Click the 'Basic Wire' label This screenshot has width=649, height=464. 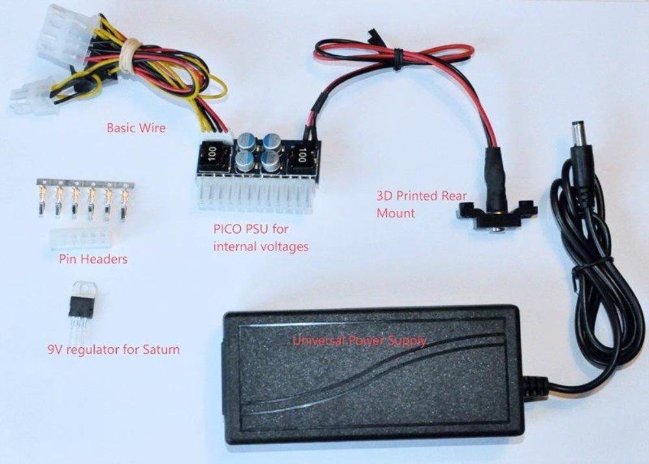[x=136, y=127]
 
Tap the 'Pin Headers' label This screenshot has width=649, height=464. [x=93, y=259]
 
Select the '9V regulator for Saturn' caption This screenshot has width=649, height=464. [x=114, y=349]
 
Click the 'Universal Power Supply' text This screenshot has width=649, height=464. [x=360, y=341]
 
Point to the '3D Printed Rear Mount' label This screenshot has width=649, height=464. [x=421, y=204]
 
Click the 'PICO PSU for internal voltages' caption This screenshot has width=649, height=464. [x=261, y=238]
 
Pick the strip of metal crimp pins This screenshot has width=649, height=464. [x=86, y=197]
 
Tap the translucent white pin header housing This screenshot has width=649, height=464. [x=83, y=239]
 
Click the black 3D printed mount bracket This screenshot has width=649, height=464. [x=496, y=215]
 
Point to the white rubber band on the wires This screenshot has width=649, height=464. [x=130, y=55]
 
